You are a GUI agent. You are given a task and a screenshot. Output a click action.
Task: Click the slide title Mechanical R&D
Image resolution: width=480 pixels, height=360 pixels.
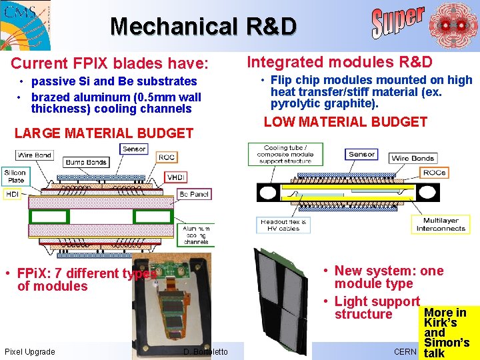pyautogui.click(x=203, y=27)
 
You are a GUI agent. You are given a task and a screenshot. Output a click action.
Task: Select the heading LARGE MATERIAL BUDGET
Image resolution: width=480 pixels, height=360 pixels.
pyautogui.click(x=103, y=133)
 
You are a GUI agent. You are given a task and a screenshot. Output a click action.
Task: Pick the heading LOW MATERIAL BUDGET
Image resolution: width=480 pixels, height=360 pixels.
pyautogui.click(x=345, y=122)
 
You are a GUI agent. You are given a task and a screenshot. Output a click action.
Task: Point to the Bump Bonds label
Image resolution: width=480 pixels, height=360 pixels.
pyautogui.click(x=86, y=162)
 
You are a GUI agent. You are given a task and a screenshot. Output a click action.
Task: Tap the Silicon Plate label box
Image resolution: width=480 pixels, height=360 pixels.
pyautogui.click(x=15, y=175)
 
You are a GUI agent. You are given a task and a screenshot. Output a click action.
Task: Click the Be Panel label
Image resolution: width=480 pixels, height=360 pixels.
pyautogui.click(x=193, y=193)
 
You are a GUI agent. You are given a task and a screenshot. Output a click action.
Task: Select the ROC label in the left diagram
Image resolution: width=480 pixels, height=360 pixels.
pyautogui.click(x=167, y=157)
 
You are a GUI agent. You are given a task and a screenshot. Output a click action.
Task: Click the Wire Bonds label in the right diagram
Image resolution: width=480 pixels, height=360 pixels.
pyautogui.click(x=413, y=158)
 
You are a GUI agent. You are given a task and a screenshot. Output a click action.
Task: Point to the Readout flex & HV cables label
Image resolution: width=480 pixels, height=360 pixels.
pyautogui.click(x=283, y=225)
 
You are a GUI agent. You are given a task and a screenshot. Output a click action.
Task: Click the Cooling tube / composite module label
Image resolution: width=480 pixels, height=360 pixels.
pyautogui.click(x=285, y=155)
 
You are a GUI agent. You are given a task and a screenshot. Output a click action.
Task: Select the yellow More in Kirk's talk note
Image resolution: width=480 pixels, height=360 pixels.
pyautogui.click(x=446, y=333)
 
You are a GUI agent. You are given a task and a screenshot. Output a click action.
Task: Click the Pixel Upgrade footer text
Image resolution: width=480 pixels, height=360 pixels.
pyautogui.click(x=29, y=351)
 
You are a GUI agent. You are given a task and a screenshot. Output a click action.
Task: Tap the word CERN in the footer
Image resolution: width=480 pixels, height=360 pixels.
pyautogui.click(x=405, y=351)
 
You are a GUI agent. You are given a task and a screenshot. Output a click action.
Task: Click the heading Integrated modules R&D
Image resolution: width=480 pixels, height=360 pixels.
pyautogui.click(x=340, y=62)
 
